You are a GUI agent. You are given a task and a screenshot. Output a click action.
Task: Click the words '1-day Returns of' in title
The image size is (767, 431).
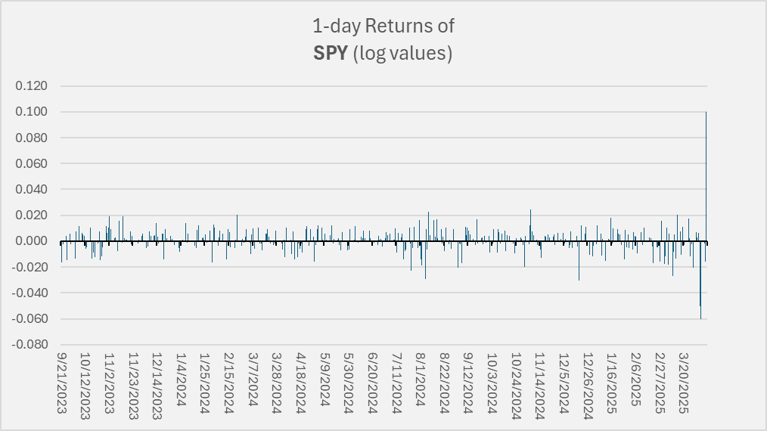pos(383,26)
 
